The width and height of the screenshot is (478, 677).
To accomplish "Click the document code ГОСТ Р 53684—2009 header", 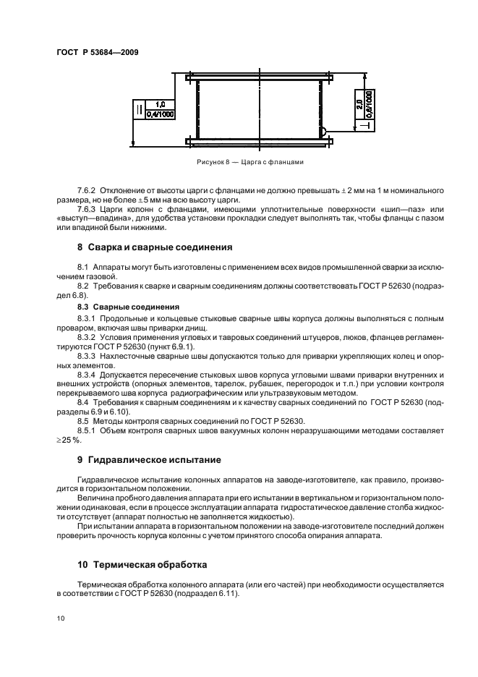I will coord(97,53).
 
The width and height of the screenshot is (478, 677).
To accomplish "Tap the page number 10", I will coord(60,618).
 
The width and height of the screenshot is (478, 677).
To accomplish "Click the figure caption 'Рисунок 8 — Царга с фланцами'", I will coord(249,162).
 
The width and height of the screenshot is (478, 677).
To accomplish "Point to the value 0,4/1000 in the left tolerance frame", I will coord(160,114).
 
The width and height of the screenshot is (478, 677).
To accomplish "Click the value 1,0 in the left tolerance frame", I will coord(160,104).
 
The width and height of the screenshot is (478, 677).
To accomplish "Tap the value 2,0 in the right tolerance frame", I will coord(359,104).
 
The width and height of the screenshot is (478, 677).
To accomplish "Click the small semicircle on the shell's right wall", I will coord(323,132).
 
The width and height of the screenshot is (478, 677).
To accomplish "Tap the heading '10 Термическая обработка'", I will coord(142,562).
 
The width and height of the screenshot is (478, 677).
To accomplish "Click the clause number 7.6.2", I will coord(89,189).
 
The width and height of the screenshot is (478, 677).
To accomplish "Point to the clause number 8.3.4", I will coord(89,365).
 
